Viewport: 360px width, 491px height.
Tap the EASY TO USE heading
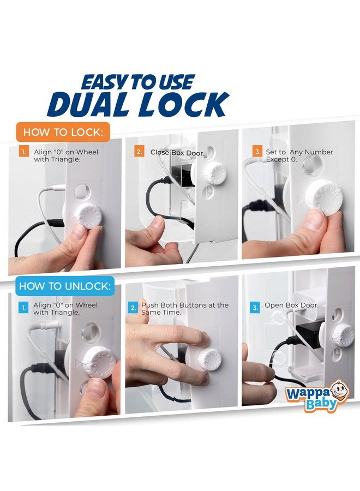click(137, 82)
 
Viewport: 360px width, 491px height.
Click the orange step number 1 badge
click(23, 152)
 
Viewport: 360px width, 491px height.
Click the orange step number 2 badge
click(139, 152)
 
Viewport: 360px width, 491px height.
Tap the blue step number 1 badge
click(23, 308)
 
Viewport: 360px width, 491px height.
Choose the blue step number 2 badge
click(134, 308)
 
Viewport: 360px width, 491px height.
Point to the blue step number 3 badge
click(255, 308)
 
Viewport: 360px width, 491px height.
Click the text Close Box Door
click(177, 153)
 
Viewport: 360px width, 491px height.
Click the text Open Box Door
click(291, 306)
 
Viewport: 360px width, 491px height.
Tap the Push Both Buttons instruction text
click(184, 309)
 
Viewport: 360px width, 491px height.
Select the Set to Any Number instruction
click(299, 155)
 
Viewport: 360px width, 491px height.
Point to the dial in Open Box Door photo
click(341, 334)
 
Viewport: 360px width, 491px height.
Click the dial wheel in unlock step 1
click(98, 361)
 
